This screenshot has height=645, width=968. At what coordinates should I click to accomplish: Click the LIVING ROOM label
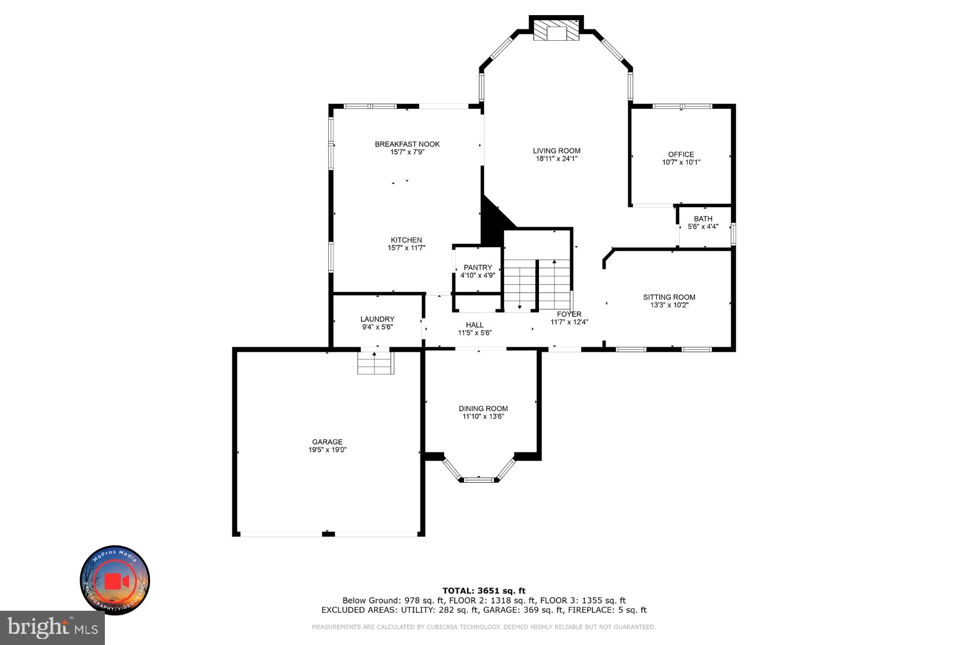(557, 151)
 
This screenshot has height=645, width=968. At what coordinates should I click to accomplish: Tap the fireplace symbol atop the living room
(557, 30)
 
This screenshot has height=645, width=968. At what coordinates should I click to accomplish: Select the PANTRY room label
(477, 268)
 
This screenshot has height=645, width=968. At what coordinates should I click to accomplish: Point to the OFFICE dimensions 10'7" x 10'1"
(681, 162)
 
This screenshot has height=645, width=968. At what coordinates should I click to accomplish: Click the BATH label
(703, 219)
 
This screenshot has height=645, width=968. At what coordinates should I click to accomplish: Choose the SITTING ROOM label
(669, 297)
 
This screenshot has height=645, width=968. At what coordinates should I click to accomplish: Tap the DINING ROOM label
(483, 409)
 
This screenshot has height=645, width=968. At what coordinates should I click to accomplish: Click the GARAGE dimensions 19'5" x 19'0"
(327, 450)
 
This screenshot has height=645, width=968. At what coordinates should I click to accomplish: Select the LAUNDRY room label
(377, 319)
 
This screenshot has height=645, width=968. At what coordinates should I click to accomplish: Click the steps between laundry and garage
(375, 363)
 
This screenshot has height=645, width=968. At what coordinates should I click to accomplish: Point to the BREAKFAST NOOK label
(407, 144)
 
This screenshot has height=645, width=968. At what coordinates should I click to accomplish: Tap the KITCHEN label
(406, 240)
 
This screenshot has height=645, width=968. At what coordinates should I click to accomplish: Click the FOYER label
(569, 314)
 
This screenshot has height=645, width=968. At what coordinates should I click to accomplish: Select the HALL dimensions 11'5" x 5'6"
(474, 333)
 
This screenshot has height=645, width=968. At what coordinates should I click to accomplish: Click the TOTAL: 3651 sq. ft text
(483, 591)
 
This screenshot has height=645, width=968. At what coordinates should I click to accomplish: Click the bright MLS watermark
(52, 628)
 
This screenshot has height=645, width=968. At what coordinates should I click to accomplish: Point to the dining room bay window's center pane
(478, 479)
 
